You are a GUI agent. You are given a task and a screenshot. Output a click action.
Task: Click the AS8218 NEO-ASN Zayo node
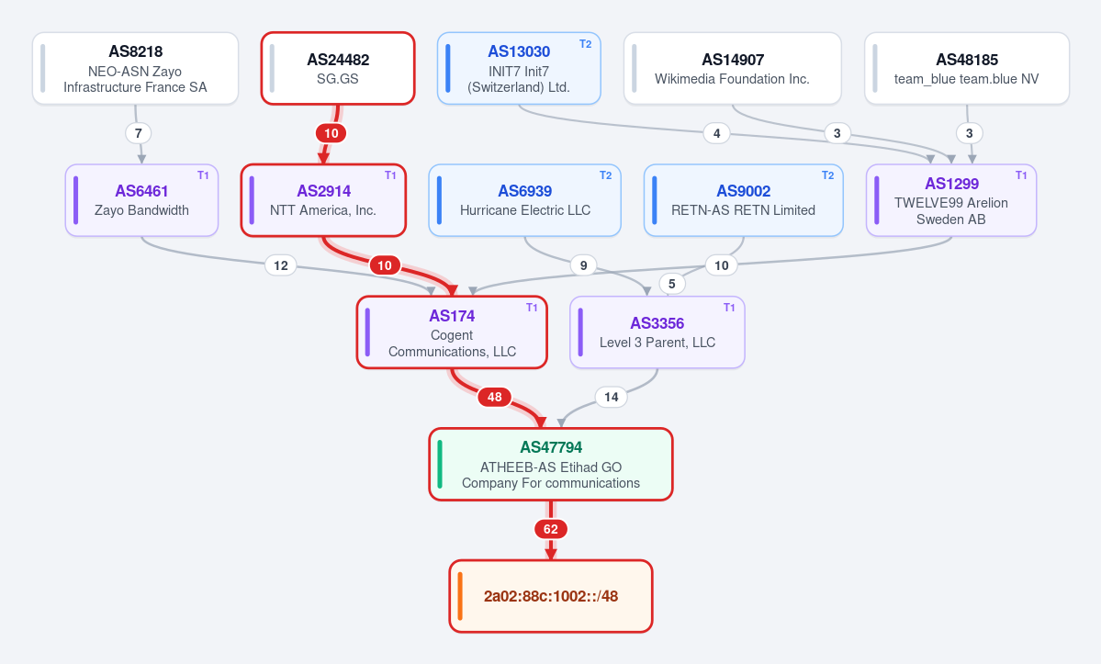click(x=136, y=69)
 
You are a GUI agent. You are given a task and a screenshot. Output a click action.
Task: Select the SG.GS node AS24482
click(x=338, y=69)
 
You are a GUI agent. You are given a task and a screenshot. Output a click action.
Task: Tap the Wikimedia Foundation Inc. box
click(x=733, y=69)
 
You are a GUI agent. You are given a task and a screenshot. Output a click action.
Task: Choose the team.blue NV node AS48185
click(x=967, y=69)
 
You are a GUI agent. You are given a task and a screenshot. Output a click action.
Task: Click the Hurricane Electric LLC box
click(x=524, y=200)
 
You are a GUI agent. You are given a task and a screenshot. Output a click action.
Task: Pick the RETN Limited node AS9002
click(x=743, y=200)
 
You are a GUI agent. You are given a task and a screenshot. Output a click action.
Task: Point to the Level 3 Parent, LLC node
click(x=657, y=332)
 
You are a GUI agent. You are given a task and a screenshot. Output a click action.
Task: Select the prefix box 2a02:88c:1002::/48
click(x=551, y=596)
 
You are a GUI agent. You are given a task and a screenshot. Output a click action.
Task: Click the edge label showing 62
click(x=551, y=529)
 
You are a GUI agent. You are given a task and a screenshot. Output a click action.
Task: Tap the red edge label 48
click(x=494, y=398)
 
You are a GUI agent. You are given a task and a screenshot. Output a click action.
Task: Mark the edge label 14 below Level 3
click(x=611, y=398)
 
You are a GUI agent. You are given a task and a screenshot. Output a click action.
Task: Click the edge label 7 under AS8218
click(x=139, y=133)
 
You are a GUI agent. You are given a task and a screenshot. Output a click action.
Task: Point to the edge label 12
click(x=281, y=265)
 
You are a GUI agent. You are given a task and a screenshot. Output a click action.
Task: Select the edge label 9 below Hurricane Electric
click(x=583, y=265)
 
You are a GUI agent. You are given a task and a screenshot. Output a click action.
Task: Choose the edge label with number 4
click(x=716, y=133)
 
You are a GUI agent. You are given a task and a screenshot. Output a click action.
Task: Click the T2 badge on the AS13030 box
click(x=585, y=44)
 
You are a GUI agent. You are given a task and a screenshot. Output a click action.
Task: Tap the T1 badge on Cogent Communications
click(x=532, y=308)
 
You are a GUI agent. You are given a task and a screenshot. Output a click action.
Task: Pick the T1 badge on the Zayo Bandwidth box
click(x=203, y=175)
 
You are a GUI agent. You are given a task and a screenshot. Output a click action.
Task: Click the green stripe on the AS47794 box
click(x=440, y=464)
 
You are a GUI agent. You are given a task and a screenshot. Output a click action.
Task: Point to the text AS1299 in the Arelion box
click(x=951, y=184)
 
